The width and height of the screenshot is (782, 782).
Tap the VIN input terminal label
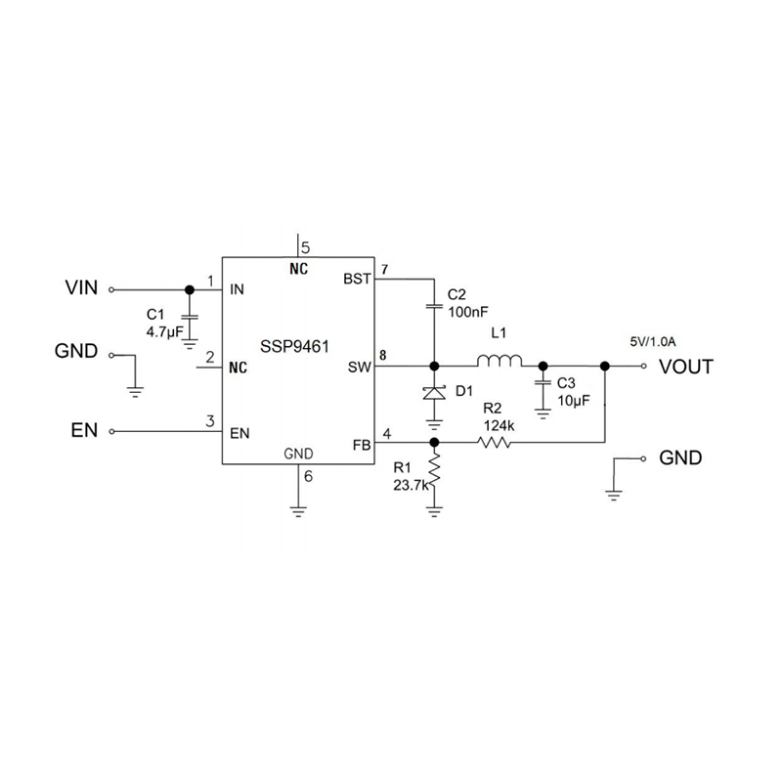pos(81,288)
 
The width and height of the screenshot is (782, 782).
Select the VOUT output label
pos(686,367)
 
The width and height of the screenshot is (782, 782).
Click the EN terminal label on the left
pos(84,430)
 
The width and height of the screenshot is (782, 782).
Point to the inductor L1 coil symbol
pos(501,363)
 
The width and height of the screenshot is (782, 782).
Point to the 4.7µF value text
pos(163,332)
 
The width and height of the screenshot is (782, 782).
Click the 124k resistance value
pos(499,425)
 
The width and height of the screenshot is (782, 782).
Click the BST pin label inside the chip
pos(358,279)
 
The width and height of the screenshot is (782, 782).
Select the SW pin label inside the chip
pos(360,368)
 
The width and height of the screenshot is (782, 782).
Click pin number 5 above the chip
pos(305,247)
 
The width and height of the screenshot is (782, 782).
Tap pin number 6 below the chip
pos(309,477)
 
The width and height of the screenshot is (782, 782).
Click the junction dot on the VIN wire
pos(190,289)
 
